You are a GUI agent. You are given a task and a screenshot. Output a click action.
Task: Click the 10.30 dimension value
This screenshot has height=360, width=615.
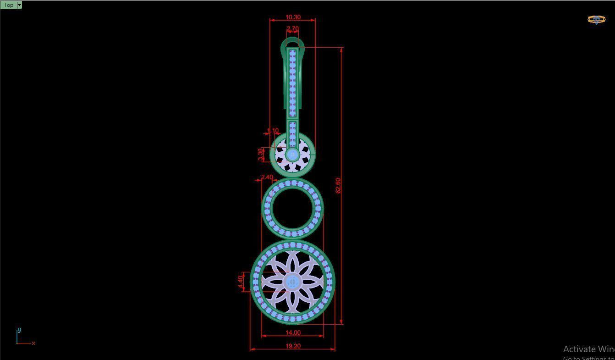(293, 17)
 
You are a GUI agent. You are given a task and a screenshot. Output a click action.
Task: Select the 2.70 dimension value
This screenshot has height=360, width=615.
(292, 28)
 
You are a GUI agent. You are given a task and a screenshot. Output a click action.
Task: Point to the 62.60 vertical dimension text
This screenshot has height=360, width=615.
(338, 185)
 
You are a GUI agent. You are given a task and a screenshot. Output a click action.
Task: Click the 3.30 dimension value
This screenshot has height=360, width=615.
(260, 154)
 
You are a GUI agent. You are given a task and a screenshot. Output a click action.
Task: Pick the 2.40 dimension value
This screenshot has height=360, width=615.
(267, 177)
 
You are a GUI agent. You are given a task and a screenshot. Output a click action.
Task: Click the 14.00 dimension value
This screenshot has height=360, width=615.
(293, 332)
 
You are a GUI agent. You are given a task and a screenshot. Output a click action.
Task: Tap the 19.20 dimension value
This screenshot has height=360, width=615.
(293, 346)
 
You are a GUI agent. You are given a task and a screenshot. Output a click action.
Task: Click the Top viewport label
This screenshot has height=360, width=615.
(8, 5)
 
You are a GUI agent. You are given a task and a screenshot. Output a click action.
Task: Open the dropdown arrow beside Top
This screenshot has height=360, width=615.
(19, 5)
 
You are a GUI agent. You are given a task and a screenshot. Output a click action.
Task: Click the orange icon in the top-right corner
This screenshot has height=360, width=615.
(596, 19)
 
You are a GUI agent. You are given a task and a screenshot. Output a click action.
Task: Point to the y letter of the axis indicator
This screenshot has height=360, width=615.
(19, 330)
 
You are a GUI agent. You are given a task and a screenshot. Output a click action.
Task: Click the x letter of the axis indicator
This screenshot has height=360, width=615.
(33, 343)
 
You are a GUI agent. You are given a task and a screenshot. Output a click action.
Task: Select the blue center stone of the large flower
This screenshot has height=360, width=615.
(292, 282)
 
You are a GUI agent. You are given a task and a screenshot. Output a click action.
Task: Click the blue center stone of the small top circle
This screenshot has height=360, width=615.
(292, 155)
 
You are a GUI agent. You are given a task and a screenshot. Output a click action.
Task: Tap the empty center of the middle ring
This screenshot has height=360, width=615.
(292, 209)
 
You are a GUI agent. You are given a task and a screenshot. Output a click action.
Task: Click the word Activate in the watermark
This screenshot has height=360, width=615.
(578, 349)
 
